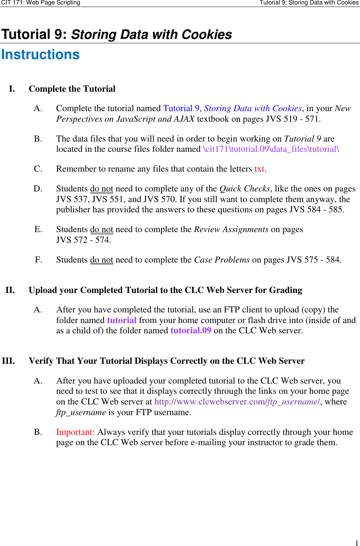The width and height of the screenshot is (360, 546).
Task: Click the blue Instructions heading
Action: coord(40,55)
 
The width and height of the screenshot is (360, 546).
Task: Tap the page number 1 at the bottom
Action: coord(356,543)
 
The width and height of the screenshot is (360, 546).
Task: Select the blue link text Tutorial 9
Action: coord(181,109)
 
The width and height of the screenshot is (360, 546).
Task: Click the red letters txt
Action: coord(259,169)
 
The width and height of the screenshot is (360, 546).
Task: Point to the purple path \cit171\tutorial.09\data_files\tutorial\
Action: coord(271,149)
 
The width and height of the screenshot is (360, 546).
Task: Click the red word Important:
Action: coord(75,432)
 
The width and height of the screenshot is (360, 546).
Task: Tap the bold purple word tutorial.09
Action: coord(191,331)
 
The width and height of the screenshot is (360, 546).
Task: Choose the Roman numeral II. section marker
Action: coord(10,290)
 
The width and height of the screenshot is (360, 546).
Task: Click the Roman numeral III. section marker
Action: coord(8,361)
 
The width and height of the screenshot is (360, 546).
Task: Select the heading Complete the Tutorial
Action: coord(72,89)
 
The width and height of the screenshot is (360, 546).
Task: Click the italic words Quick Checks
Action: coord(244,189)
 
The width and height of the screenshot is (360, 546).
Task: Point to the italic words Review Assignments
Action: coord(231,230)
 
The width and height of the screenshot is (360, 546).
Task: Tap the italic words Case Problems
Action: coord(222,260)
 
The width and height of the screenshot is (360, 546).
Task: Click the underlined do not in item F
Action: coord(102,260)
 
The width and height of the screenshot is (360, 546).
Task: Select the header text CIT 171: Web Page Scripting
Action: coord(41,3)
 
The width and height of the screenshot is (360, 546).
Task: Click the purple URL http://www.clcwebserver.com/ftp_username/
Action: coord(237,402)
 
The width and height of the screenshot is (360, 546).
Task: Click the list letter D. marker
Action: coord(38,189)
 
